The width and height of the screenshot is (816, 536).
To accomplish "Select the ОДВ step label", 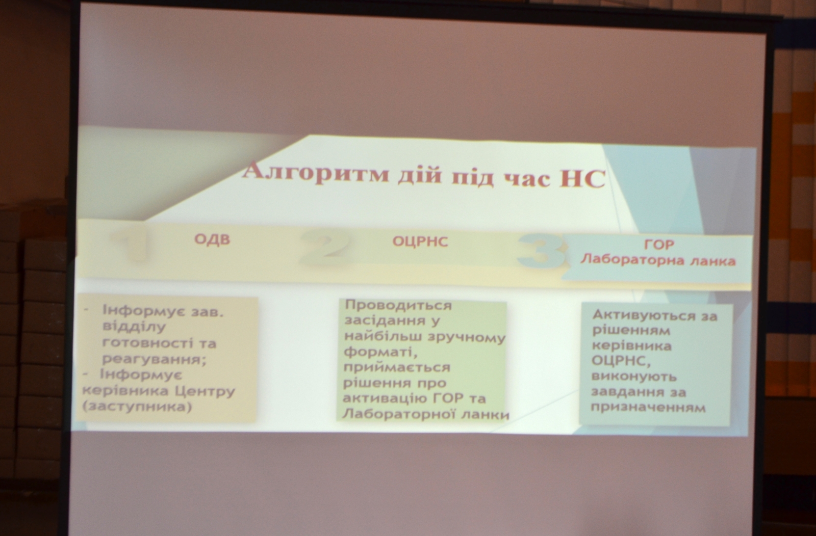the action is (212, 239).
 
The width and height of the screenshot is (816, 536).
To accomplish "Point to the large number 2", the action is (324, 247).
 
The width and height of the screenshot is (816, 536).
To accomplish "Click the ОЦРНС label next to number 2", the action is (420, 242).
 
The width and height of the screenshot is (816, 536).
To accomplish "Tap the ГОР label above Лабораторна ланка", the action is (659, 245).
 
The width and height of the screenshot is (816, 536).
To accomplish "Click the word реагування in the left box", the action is (154, 360).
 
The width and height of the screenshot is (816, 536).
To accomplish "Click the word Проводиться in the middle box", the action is (398, 306).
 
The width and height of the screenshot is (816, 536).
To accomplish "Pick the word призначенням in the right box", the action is (648, 408).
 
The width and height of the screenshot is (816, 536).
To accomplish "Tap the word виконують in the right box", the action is (634, 377).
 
